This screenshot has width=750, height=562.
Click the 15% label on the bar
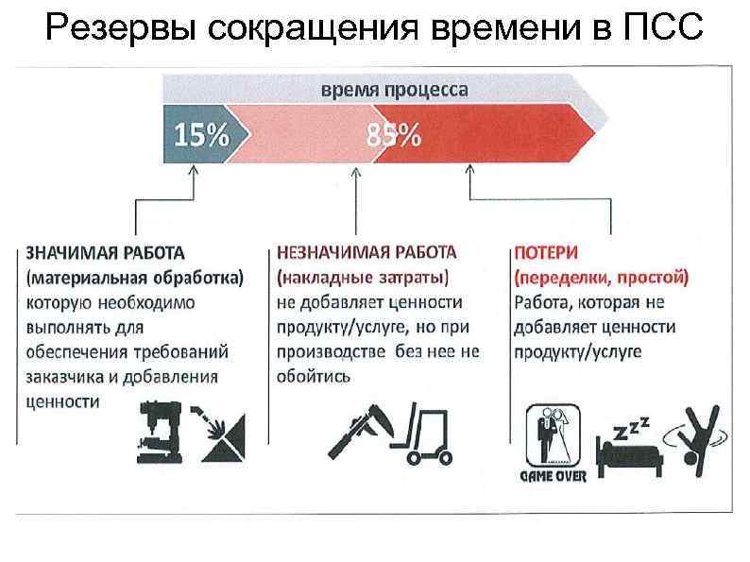(x=200, y=136)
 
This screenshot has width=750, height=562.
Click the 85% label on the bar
(x=394, y=136)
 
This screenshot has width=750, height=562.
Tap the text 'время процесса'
(x=394, y=91)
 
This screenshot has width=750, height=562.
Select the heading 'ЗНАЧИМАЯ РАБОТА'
(x=105, y=253)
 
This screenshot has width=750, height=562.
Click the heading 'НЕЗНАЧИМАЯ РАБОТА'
(x=366, y=253)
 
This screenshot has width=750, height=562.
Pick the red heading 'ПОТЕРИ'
(x=546, y=253)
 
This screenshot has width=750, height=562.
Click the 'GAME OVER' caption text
(x=554, y=476)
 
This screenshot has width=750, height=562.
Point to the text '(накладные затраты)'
(x=363, y=278)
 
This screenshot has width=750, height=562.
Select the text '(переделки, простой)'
(x=601, y=278)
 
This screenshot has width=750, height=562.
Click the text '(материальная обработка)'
(x=134, y=278)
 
